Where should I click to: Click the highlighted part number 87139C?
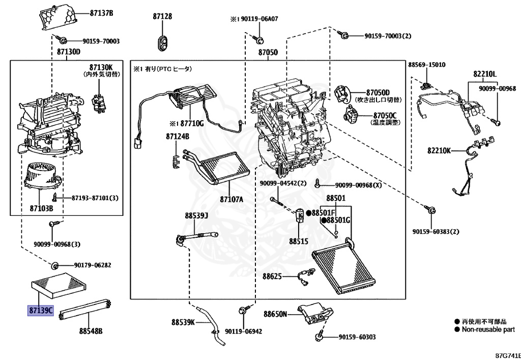(x=41, y=311)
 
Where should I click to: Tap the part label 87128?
(x=162, y=16)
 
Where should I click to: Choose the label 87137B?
(x=101, y=13)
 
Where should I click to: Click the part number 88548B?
(x=91, y=331)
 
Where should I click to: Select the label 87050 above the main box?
(x=268, y=52)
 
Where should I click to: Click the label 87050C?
(x=385, y=116)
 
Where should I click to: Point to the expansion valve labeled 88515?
(x=299, y=215)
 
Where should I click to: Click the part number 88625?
(x=272, y=276)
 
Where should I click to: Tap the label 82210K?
(x=439, y=151)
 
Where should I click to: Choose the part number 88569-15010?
(x=427, y=65)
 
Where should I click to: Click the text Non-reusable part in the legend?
(x=488, y=329)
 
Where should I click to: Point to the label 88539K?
(x=183, y=322)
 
